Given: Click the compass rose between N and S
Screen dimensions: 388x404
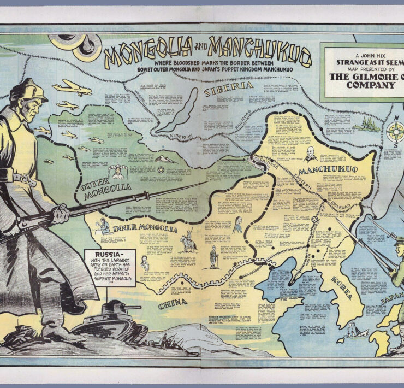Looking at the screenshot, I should click(x=394, y=131).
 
